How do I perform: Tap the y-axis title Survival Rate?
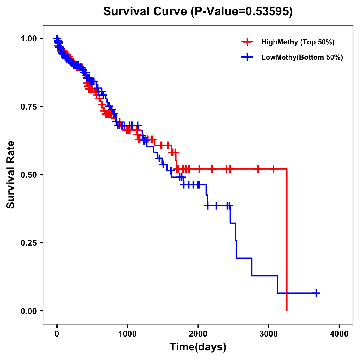click(x=11, y=174)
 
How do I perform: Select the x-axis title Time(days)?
click(x=198, y=347)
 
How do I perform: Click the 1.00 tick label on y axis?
click(x=28, y=38)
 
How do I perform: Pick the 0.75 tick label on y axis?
click(x=28, y=106)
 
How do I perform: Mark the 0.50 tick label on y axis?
click(x=28, y=175)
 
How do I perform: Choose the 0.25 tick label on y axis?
click(x=28, y=243)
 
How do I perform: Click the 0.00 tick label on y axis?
click(x=28, y=311)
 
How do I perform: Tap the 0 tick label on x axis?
click(x=57, y=334)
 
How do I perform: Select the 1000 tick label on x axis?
click(x=127, y=334)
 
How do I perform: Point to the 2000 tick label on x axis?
click(x=198, y=334)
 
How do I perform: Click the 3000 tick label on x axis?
click(x=269, y=334)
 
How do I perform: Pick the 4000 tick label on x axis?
click(x=339, y=334)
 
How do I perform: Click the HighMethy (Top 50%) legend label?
click(x=298, y=42)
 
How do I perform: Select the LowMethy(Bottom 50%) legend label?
click(x=302, y=57)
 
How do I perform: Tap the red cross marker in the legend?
click(x=247, y=42)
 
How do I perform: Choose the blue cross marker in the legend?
click(x=247, y=57)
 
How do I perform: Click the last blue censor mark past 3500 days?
click(x=316, y=293)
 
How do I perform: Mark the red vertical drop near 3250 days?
click(x=287, y=240)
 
